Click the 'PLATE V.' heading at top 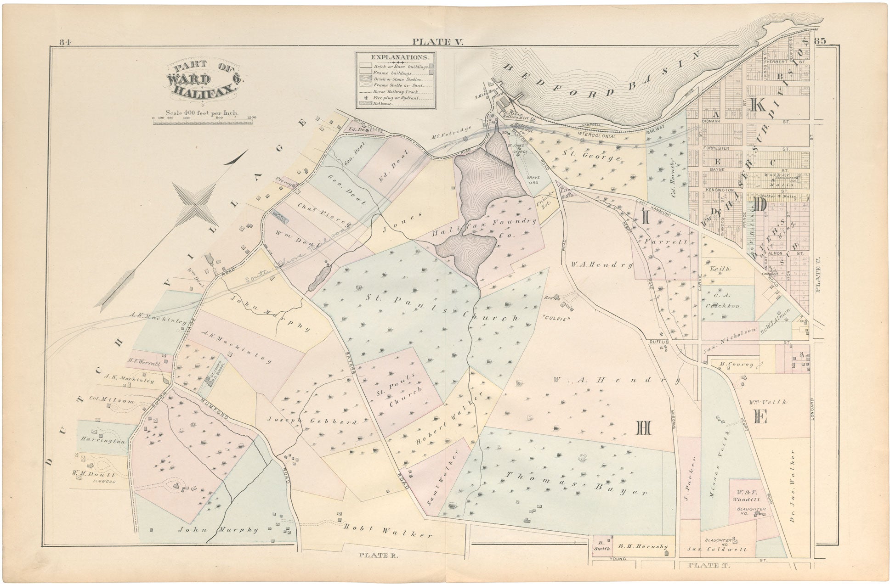(x=438, y=42)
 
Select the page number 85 (x=821, y=41)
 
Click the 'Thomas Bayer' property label (x=577, y=483)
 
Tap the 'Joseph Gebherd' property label (x=312, y=420)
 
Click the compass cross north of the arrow (x=195, y=204)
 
